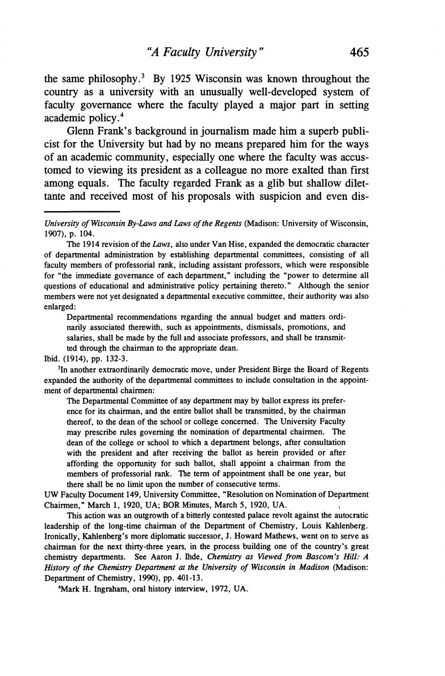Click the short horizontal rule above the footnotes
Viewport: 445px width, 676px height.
[82, 212]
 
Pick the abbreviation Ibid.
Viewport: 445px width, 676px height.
[52, 359]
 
